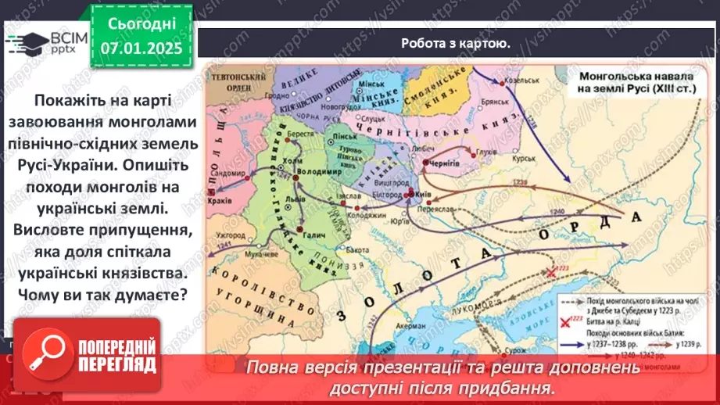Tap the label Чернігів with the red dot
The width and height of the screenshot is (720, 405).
[x=443, y=163]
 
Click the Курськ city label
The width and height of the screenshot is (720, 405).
[x=535, y=134]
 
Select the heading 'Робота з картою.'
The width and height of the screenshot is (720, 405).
[x=456, y=43]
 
